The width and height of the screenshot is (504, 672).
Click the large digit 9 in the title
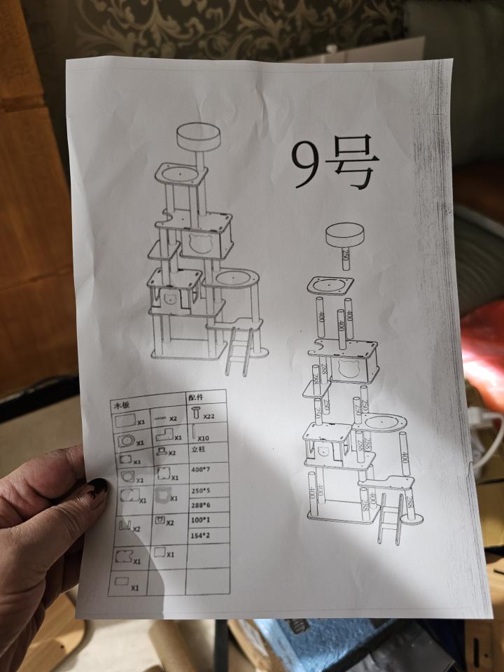pos(309,164)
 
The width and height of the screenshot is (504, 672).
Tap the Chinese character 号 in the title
pos(353,164)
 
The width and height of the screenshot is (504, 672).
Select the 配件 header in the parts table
pos(195,397)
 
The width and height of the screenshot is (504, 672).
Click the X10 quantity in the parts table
pos(204,437)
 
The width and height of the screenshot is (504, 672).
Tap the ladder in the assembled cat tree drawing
pos(239,353)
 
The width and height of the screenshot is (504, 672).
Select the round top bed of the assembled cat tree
pos(198,136)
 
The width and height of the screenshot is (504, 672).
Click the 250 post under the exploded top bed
pos(345,258)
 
